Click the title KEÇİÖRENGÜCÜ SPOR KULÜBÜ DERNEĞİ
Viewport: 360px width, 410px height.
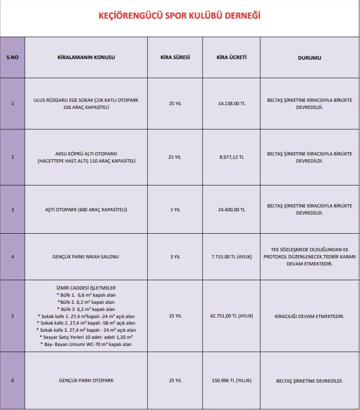179,16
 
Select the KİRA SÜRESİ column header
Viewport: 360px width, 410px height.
175,57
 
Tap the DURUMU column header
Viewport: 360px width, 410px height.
309,57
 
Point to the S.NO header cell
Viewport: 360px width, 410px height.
12,57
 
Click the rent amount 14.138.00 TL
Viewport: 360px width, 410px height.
231,103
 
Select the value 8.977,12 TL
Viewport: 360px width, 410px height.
231,157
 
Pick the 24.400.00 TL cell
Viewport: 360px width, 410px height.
231,209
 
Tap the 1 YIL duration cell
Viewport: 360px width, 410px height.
175,209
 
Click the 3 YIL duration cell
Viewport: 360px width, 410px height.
175,256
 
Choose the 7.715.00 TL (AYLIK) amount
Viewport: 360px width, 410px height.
231,256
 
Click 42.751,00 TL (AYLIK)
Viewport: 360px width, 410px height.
231,316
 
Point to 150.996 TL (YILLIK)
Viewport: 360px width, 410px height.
231,380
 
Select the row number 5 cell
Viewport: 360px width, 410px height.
12,316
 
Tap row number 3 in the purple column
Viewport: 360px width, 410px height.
12,209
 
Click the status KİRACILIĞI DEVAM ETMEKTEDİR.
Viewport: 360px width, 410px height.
309,316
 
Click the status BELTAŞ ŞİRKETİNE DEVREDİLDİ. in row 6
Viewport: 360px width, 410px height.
309,380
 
